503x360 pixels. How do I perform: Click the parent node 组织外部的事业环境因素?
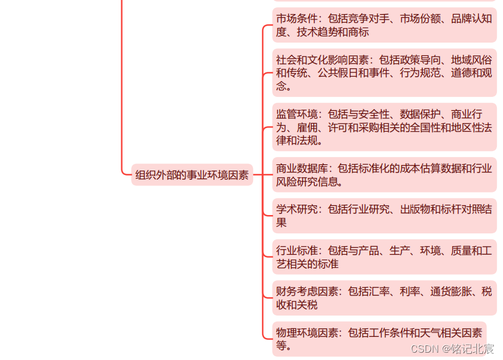tap(192, 175)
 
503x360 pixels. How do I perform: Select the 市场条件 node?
tap(384, 26)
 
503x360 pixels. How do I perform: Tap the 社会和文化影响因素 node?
tap(384, 73)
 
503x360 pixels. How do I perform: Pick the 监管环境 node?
tap(384, 127)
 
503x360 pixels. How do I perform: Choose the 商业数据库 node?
tap(384, 175)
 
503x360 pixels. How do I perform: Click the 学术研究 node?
tap(384, 216)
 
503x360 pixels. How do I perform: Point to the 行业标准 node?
tap(384, 257)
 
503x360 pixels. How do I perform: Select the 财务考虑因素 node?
tap(384, 298)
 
